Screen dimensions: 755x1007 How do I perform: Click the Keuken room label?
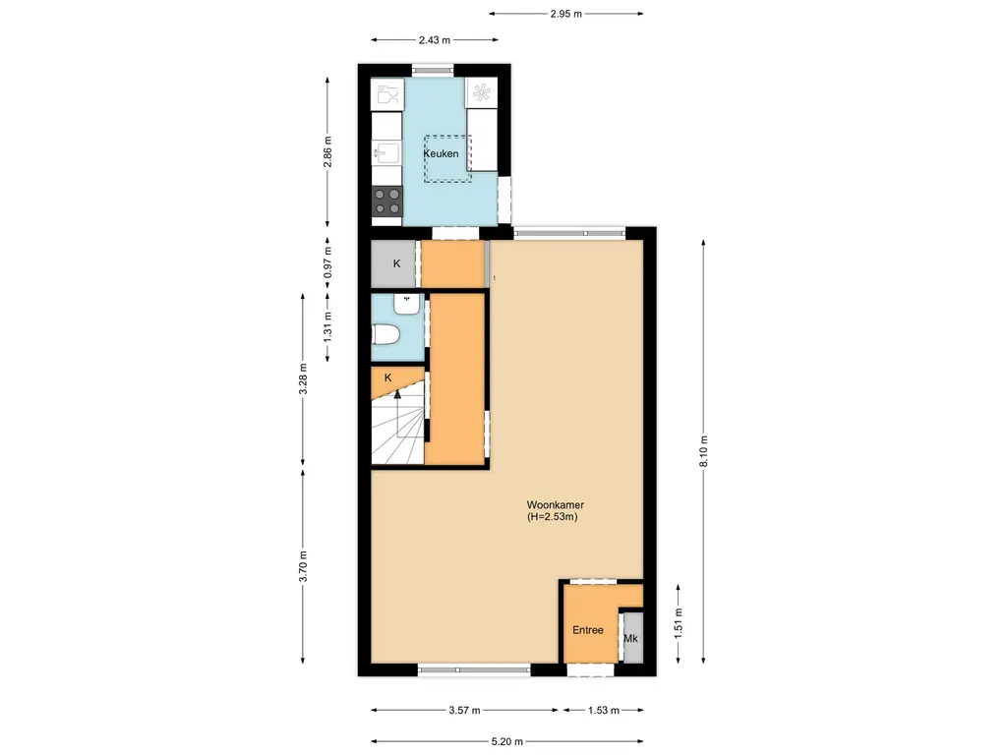(440, 155)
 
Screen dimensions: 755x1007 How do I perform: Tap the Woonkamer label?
(549, 504)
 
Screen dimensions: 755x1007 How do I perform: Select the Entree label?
(587, 630)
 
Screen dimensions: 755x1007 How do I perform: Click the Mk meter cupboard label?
(631, 639)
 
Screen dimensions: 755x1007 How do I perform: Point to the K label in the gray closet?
(396, 263)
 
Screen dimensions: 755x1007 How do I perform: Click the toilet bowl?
(385, 336)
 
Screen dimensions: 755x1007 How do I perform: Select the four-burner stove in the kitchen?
(387, 201)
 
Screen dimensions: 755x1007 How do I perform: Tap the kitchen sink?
(385, 152)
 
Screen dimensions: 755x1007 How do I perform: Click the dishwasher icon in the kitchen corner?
(387, 94)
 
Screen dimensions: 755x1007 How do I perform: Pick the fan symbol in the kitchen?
(481, 93)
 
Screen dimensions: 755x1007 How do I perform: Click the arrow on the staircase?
(396, 395)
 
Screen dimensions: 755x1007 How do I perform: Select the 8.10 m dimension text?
(704, 451)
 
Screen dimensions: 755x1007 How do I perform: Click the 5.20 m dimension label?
(507, 741)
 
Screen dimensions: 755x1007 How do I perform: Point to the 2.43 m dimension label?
(434, 40)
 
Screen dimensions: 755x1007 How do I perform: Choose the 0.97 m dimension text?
(328, 263)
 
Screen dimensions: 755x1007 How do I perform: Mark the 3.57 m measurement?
(464, 710)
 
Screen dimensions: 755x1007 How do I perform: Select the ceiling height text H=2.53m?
(552, 516)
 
